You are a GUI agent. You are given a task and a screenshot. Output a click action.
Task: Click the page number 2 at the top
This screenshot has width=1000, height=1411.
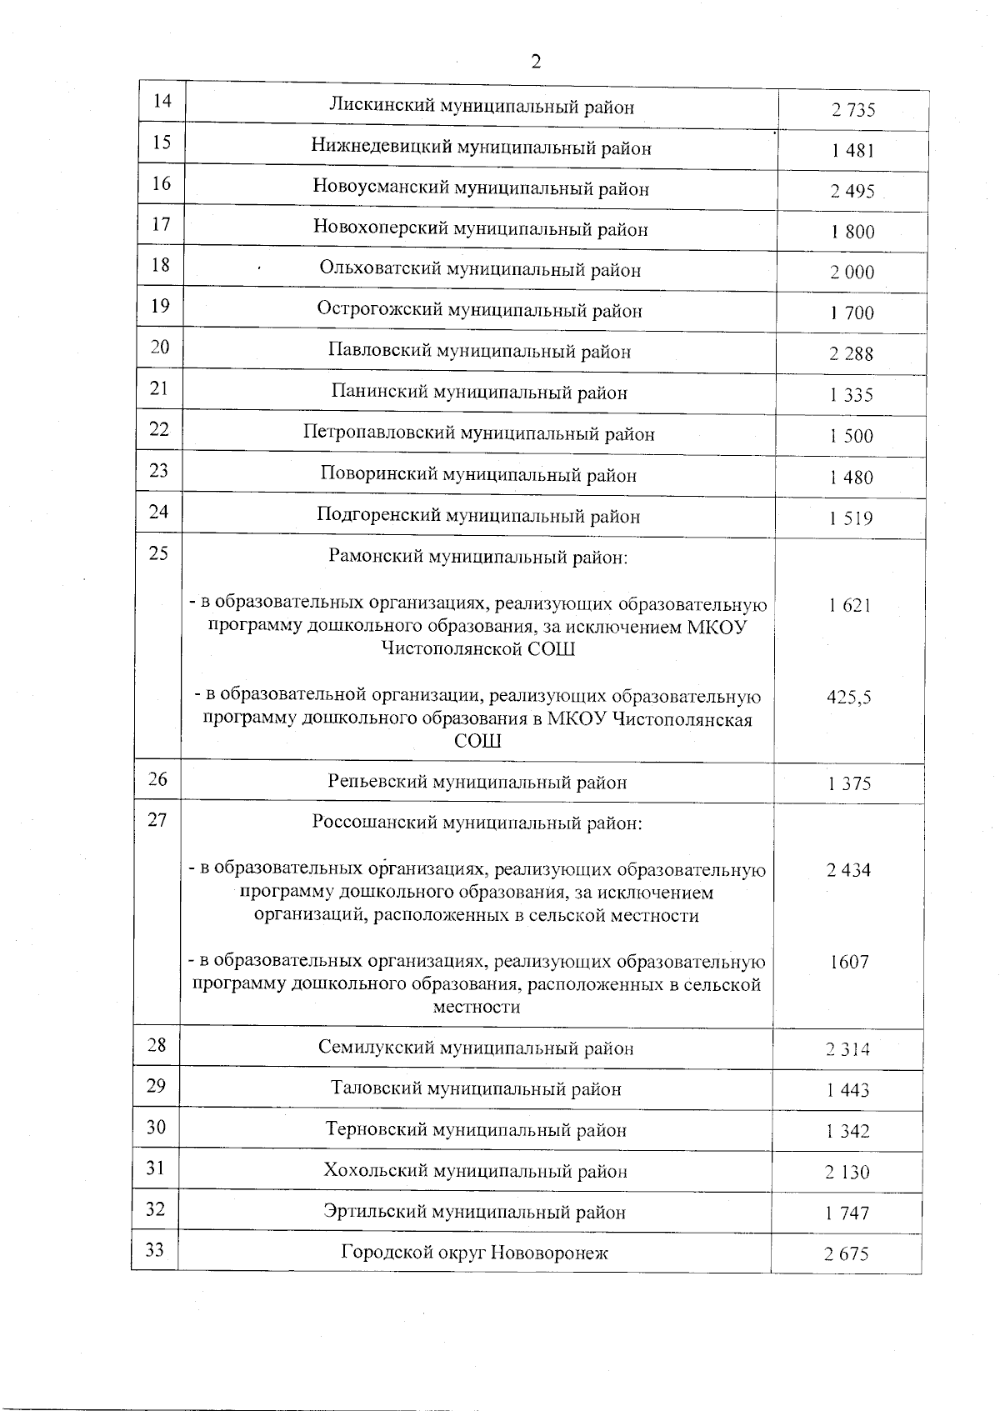[536, 62]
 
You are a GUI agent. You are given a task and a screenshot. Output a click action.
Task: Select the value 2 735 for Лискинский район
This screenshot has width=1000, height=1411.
[852, 110]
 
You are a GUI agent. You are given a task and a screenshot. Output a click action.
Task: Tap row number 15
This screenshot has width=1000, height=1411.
[162, 142]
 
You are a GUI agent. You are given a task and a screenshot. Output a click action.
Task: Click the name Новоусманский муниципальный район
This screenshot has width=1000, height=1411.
[481, 188]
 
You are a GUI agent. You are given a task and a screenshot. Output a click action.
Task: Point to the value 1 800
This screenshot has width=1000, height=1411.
[852, 233]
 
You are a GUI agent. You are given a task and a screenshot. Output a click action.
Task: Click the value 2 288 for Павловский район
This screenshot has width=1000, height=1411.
[851, 354]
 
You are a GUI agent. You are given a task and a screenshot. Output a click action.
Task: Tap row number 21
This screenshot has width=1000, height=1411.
[160, 388]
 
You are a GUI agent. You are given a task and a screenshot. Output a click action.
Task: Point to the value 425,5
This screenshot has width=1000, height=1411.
[848, 698]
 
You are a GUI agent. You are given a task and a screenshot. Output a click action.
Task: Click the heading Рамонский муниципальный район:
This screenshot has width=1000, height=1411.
[478, 557]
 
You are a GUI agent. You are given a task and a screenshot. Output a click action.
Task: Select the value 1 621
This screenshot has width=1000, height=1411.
[849, 606]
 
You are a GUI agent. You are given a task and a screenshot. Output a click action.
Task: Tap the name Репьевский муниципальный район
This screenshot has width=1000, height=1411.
[477, 783]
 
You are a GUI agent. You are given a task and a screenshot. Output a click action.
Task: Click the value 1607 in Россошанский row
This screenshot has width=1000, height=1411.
[848, 963]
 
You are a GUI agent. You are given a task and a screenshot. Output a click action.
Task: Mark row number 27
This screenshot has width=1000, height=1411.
[157, 820]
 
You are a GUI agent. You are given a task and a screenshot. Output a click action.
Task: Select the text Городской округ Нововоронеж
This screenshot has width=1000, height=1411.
[474, 1253]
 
